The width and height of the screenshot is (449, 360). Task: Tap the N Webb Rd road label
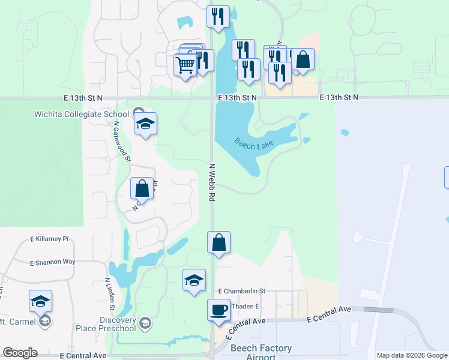point(212,182)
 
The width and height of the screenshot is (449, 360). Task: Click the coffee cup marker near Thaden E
point(219,310)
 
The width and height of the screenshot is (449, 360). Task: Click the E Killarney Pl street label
point(50,239)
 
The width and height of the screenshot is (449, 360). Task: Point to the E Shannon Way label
point(53,262)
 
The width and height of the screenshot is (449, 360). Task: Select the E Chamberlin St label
point(242,291)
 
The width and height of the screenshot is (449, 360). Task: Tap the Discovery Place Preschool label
point(106,324)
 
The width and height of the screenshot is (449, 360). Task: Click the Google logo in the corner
point(19,353)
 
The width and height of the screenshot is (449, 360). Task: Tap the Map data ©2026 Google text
point(412,355)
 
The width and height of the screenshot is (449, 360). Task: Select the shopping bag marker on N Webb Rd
point(219,242)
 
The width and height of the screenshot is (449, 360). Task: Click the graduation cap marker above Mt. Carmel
point(40,301)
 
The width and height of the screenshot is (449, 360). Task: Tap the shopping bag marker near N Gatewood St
point(142,188)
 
